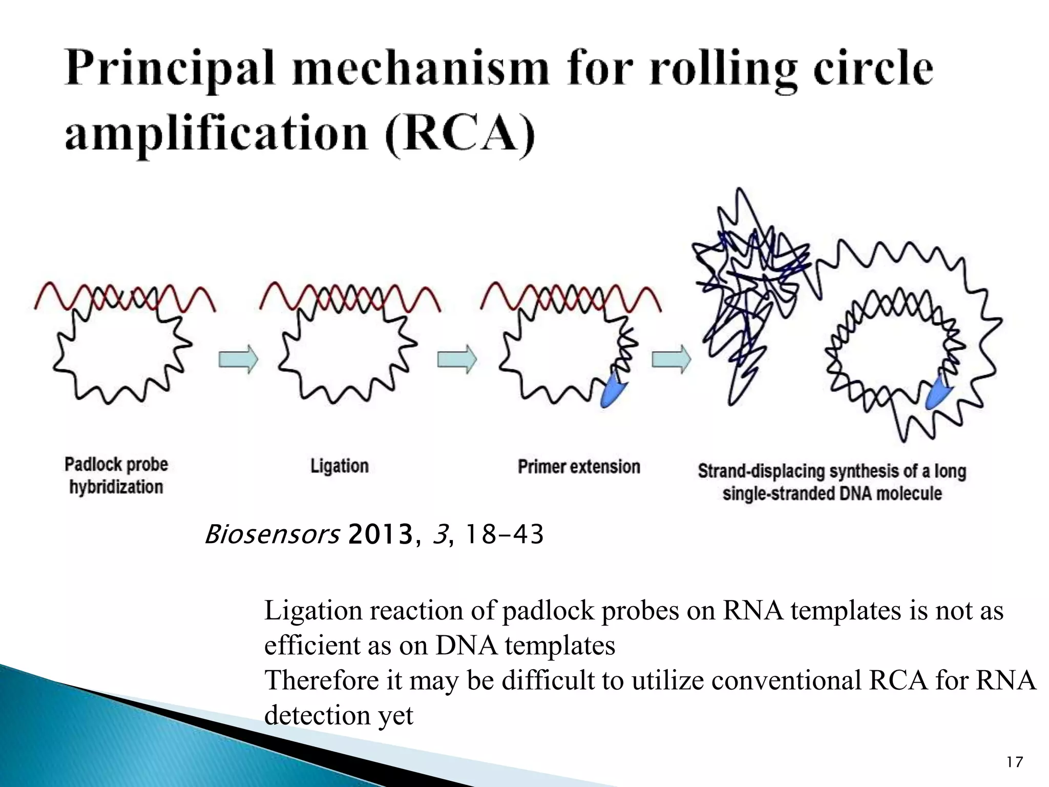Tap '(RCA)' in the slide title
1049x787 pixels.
tap(459, 134)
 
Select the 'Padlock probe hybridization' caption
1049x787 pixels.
tap(116, 475)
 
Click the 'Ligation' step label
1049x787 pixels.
tap(340, 466)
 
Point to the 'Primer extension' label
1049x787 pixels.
tap(579, 467)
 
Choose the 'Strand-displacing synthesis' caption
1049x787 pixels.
tap(832, 482)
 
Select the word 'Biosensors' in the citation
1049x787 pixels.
tap(272, 534)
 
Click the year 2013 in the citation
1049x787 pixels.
tap(380, 534)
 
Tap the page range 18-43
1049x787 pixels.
tap(503, 534)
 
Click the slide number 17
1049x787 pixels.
tap(1014, 762)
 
